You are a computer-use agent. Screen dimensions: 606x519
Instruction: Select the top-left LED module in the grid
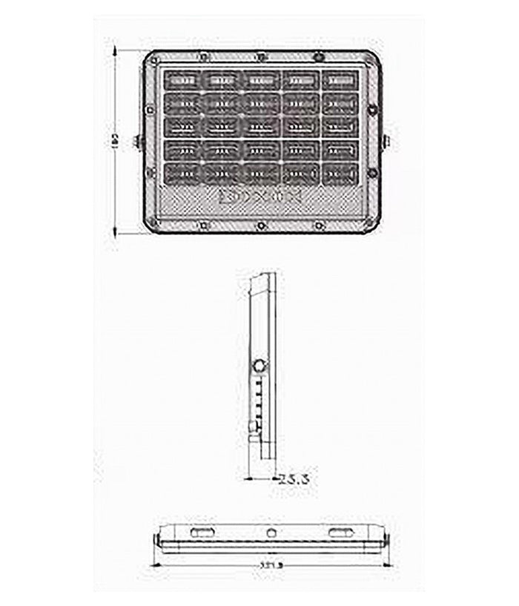pyautogui.click(x=179, y=79)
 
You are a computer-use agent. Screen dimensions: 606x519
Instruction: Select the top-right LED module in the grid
pyautogui.click(x=340, y=79)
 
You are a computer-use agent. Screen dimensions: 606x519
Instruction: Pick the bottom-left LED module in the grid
pyautogui.click(x=179, y=174)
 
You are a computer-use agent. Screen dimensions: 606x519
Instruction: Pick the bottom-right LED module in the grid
pyautogui.click(x=340, y=174)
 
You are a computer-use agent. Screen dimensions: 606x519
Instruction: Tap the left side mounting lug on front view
pyautogui.click(x=136, y=141)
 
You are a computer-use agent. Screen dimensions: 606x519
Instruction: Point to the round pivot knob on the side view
pyautogui.click(x=260, y=366)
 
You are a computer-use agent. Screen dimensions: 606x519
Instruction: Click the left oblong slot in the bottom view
pyautogui.click(x=201, y=533)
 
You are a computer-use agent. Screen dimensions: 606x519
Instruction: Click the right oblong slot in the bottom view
pyautogui.click(x=342, y=533)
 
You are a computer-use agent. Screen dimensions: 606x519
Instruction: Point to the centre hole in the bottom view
pyautogui.click(x=271, y=533)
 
